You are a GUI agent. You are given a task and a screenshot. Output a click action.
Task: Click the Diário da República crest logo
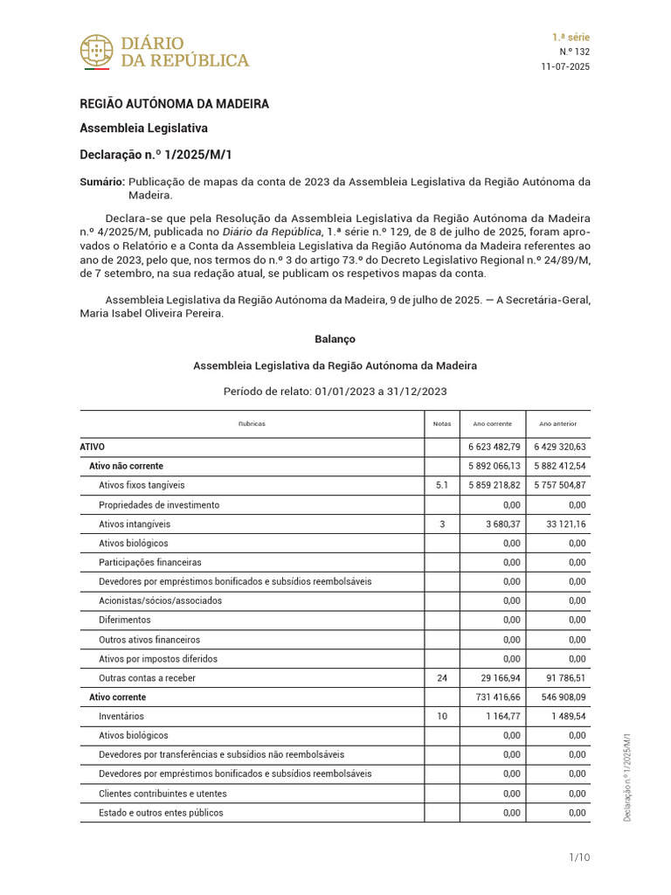(96, 51)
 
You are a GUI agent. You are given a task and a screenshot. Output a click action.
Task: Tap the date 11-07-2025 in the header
(566, 67)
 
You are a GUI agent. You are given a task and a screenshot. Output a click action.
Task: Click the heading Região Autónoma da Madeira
(175, 104)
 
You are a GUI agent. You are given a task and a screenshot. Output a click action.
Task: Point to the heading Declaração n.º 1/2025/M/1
(156, 155)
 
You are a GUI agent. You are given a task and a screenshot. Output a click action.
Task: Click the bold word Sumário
(101, 182)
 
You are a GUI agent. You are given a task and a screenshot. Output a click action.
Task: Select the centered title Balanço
(335, 338)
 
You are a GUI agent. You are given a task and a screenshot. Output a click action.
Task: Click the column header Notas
(442, 424)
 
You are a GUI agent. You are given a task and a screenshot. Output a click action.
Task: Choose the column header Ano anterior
(557, 424)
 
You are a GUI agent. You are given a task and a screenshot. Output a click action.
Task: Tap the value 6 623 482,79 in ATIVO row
(495, 447)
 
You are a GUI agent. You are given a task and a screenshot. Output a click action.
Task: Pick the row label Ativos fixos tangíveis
(142, 485)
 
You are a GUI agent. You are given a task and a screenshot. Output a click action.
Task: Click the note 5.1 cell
(442, 485)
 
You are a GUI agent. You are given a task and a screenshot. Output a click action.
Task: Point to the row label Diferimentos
(125, 621)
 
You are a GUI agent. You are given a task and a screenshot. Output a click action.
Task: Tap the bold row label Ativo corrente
(118, 697)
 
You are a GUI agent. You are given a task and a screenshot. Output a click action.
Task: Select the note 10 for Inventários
(442, 717)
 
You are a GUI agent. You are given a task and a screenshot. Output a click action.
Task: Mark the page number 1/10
(578, 857)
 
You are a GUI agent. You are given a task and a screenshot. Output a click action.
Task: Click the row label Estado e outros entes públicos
(161, 813)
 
